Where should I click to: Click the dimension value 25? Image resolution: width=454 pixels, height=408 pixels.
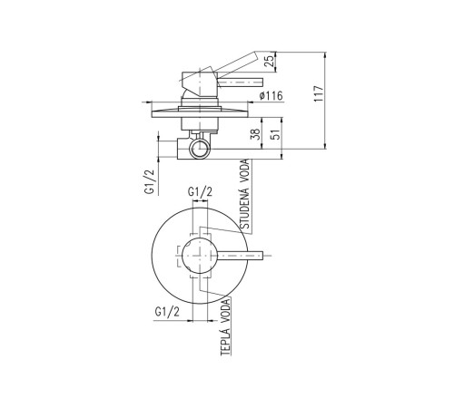click(x=270, y=62)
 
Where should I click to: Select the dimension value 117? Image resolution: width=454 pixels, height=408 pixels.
click(x=319, y=93)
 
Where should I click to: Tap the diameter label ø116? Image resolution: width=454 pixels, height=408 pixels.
click(x=271, y=96)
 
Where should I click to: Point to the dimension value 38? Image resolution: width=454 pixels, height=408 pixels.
click(x=256, y=134)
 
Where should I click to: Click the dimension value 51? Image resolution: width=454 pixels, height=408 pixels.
click(x=276, y=134)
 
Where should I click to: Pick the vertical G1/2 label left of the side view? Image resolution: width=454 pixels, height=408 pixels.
click(x=150, y=181)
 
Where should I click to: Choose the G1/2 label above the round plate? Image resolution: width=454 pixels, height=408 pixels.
click(x=200, y=191)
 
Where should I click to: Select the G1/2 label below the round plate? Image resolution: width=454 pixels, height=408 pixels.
click(x=167, y=311)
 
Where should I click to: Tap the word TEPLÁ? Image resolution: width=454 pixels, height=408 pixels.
click(x=226, y=342)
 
